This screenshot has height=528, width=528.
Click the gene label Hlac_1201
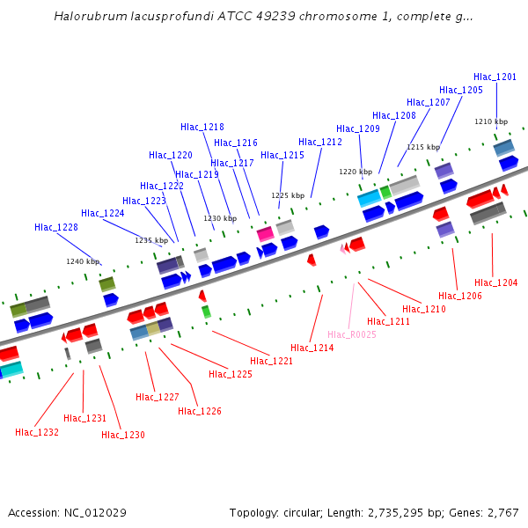(x=495, y=77)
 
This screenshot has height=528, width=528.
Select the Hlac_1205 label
(x=461, y=90)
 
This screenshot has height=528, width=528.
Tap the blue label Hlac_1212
(x=320, y=142)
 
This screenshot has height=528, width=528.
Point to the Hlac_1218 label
(x=202, y=127)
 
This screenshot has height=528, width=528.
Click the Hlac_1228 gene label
(x=56, y=227)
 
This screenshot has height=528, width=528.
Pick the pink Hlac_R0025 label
(x=352, y=334)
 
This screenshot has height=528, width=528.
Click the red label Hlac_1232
(x=37, y=432)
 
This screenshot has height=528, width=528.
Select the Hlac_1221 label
(x=272, y=361)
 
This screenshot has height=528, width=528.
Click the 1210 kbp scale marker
(x=491, y=121)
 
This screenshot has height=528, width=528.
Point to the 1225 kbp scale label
(x=288, y=195)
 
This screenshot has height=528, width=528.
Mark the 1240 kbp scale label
(x=83, y=261)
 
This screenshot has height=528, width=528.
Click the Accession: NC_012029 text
(x=69, y=512)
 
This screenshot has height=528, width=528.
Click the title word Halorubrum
(x=86, y=16)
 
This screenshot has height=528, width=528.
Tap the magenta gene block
(x=265, y=233)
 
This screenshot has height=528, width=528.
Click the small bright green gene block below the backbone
(x=206, y=312)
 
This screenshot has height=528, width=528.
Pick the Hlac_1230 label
(x=123, y=435)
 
